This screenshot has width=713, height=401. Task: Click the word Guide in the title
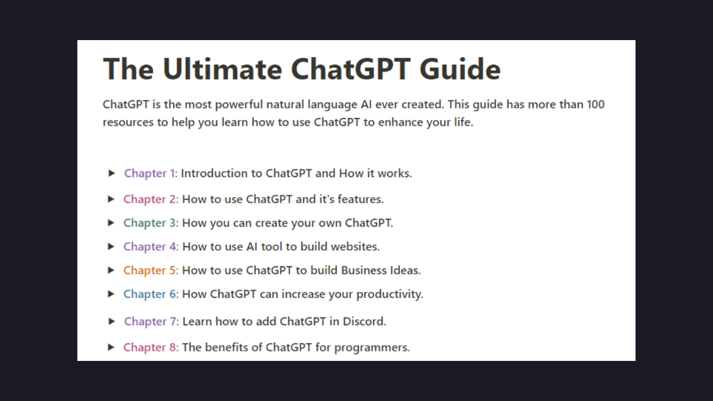[x=460, y=69]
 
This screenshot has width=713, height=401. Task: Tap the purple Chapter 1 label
[x=150, y=173]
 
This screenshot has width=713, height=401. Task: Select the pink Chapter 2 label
[x=151, y=199]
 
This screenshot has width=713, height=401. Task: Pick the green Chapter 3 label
[x=151, y=223]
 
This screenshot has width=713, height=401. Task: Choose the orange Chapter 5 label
[x=151, y=270]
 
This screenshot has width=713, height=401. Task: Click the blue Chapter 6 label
[x=151, y=294]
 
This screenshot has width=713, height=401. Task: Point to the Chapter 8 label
[x=151, y=348]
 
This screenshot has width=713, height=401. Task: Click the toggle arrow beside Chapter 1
[x=112, y=173]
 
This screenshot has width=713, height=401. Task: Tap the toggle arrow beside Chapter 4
[x=111, y=246]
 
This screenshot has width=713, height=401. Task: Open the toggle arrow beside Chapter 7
[x=112, y=321]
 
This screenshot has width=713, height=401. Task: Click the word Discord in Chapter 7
[x=365, y=321]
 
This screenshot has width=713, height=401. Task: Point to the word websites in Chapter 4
[x=355, y=246]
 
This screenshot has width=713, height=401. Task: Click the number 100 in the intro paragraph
[x=595, y=105]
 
